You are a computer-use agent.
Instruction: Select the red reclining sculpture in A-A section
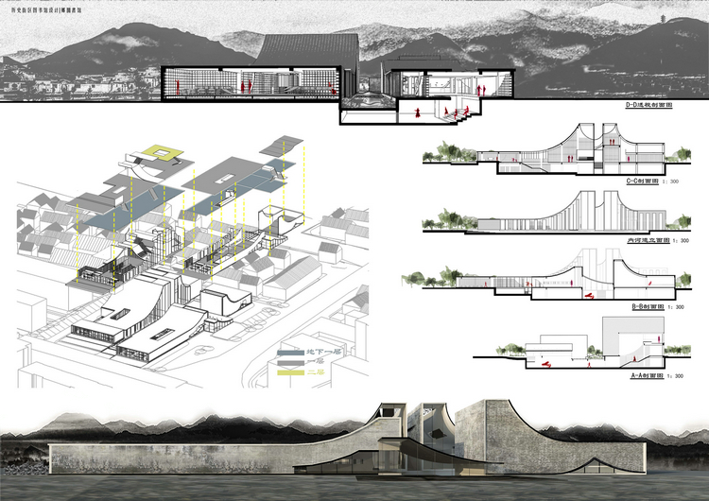[x=545, y=360]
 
